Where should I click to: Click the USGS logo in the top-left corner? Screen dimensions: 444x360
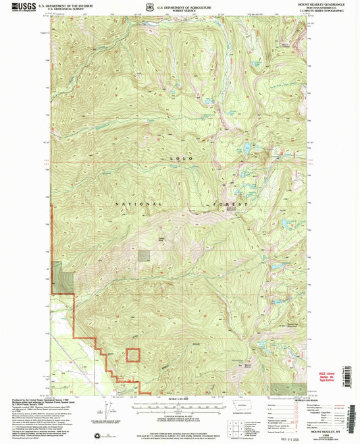pyautogui.click(x=22, y=6)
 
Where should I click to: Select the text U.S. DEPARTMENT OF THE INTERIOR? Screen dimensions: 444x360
pyautogui.click(x=66, y=4)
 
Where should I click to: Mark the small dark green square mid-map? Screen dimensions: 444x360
pyautogui.click(x=145, y=255)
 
